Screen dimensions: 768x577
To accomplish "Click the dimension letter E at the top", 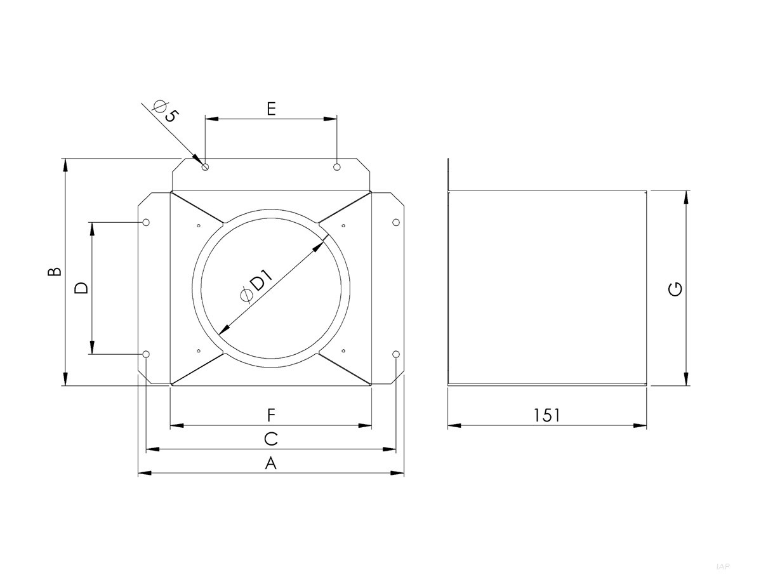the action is pyautogui.click(x=271, y=109).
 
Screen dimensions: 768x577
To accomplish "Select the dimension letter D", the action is pyautogui.click(x=81, y=288).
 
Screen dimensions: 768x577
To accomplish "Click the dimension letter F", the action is pyautogui.click(x=271, y=415).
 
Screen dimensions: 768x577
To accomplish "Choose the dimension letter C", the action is pyautogui.click(x=271, y=439).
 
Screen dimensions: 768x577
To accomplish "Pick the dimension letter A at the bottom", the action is pyautogui.click(x=271, y=463).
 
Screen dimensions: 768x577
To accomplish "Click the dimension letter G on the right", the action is pyautogui.click(x=675, y=289).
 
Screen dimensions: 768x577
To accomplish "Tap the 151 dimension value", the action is pyautogui.click(x=546, y=415).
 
